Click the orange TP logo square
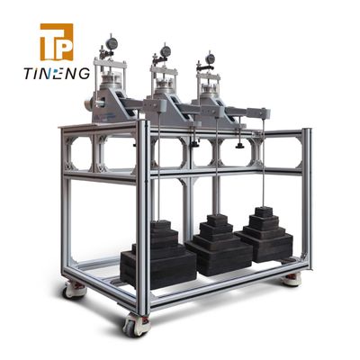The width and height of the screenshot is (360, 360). [x=57, y=42]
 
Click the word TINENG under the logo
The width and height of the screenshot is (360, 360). [x=57, y=74]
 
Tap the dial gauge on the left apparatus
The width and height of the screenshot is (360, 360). [x=112, y=44]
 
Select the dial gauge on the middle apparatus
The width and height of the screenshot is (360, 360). [x=166, y=51]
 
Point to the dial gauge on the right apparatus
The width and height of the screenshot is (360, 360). [x=211, y=58]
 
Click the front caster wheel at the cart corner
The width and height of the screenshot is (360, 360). [x=137, y=324]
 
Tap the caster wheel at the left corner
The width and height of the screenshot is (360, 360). [x=74, y=291]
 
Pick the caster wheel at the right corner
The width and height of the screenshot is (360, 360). [x=291, y=280]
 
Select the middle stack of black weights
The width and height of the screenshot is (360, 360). [x=219, y=245]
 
